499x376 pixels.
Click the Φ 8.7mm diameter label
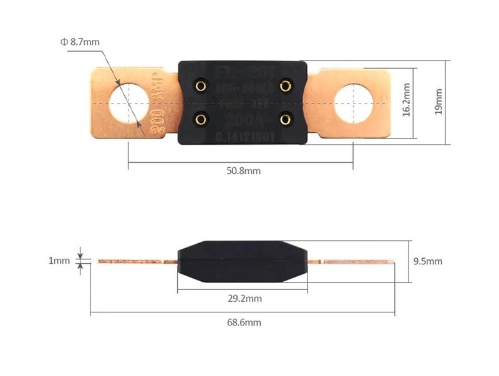[80, 42]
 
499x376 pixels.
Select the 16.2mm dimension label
[406, 101]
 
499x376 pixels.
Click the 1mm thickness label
[59, 261]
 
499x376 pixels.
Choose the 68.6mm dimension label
[244, 322]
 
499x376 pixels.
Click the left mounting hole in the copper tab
[129, 102]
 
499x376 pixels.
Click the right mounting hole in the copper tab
[353, 102]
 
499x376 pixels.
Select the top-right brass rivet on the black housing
[285, 86]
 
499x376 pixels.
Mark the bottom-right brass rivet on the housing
[285, 118]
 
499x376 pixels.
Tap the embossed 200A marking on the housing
[243, 119]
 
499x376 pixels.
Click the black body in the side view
[243, 261]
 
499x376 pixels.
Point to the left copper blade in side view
[134, 261]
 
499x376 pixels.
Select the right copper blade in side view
[352, 261]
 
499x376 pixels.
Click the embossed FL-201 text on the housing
[243, 70]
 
